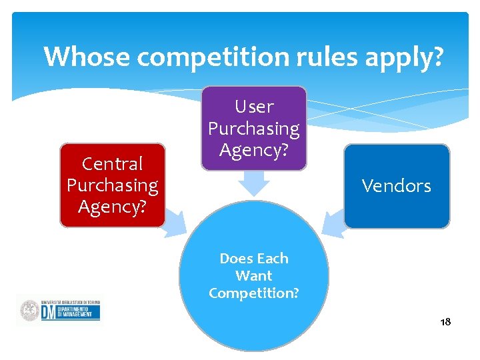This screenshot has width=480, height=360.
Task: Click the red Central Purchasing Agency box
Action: click(x=112, y=186)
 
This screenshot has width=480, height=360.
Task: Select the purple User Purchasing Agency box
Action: click(x=254, y=128)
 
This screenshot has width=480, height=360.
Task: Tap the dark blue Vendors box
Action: click(x=397, y=186)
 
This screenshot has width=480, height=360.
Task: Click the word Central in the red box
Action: click(x=112, y=164)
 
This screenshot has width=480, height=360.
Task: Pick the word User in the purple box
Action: click(x=254, y=107)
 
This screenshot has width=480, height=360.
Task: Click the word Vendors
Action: click(x=397, y=186)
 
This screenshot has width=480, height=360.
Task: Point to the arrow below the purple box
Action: click(x=254, y=183)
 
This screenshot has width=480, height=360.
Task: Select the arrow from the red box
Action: click(x=175, y=222)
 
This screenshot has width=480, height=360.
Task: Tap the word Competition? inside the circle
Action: click(x=254, y=293)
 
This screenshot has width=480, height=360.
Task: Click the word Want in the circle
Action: click(x=254, y=275)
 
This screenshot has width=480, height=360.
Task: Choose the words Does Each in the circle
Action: click(x=254, y=258)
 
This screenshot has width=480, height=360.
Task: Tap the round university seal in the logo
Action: click(x=29, y=311)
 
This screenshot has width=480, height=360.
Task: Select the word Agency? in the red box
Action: click(x=112, y=207)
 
